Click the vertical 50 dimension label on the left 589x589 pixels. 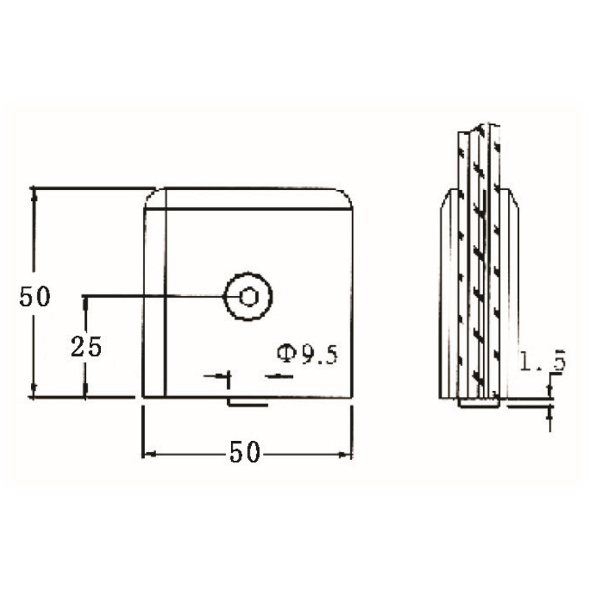[35, 297]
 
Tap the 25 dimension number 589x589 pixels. [86, 346]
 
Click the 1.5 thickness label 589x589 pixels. [541, 361]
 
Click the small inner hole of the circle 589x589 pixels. [249, 297]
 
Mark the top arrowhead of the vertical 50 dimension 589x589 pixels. [32, 193]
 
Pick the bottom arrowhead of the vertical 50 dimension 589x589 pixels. [32, 392]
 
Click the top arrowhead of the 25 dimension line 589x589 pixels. [86, 301]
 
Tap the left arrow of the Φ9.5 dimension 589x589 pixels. [224, 376]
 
